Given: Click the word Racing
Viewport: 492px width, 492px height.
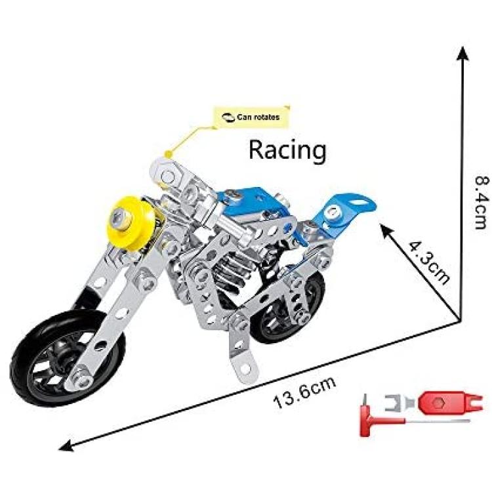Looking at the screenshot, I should pyautogui.click(x=287, y=150).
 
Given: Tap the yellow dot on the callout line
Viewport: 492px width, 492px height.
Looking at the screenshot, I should pyautogui.click(x=169, y=154).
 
